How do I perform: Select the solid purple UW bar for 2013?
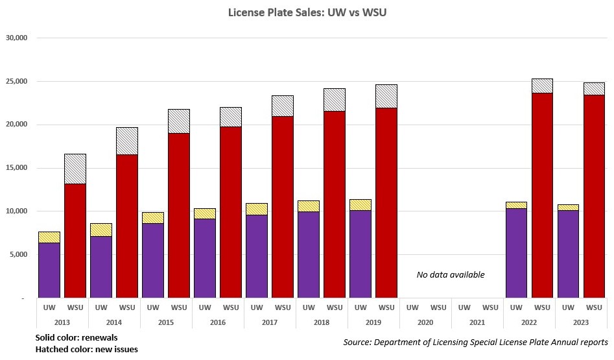(x=49, y=270)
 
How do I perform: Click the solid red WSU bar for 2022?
(x=542, y=195)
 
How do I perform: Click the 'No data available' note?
(x=450, y=274)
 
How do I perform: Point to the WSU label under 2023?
(x=594, y=307)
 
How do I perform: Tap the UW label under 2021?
(x=464, y=307)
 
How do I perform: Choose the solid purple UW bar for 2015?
(x=153, y=260)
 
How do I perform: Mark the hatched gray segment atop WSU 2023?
(x=594, y=88)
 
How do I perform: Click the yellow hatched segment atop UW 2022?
(x=516, y=205)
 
